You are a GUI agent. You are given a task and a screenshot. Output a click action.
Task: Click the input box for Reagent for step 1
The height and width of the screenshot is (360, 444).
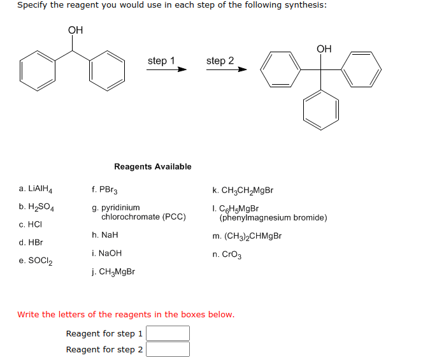point(168,333)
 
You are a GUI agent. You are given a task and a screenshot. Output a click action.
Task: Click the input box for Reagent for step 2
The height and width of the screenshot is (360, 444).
point(168,349)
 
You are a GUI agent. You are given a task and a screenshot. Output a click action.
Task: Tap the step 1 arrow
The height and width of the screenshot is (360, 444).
point(166,69)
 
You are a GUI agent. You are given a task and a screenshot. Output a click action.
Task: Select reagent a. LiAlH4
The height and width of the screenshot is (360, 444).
point(36,189)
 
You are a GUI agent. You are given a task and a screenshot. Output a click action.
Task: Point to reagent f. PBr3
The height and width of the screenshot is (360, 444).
point(105,189)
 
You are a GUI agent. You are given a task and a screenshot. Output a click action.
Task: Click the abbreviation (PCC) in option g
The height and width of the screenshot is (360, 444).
point(175,217)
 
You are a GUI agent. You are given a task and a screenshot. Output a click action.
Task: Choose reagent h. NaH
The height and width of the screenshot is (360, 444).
point(105,235)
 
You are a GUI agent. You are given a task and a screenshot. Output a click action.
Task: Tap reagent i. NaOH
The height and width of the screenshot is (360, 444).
point(107,253)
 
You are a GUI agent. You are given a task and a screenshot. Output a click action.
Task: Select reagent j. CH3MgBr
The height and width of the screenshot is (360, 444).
point(113,271)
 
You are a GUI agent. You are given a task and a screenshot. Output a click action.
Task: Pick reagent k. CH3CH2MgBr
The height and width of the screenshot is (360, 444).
point(243,190)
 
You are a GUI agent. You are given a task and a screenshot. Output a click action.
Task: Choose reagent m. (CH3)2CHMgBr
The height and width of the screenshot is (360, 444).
point(247,236)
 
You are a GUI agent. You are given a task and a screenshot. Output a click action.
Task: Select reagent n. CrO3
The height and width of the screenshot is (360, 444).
point(227,254)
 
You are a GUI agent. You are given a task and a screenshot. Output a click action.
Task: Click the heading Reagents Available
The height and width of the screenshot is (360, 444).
point(153,166)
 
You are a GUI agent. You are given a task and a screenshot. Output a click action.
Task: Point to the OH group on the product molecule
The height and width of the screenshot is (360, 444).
point(324,48)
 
